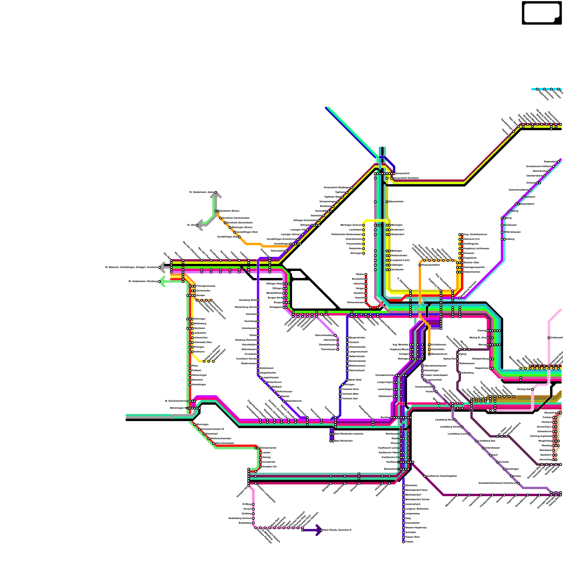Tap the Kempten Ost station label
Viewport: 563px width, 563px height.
[270, 467]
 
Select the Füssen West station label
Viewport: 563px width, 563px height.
[412, 537]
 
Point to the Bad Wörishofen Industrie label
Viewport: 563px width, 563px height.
[349, 434]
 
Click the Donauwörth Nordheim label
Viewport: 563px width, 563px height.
[406, 178]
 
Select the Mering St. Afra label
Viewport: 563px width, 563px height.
[478, 337]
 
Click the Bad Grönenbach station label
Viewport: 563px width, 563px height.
[224, 443]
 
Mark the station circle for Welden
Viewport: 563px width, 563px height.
[366, 274]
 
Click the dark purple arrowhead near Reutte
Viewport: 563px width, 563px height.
[319, 530]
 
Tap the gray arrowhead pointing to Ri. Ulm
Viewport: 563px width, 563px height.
[199, 225]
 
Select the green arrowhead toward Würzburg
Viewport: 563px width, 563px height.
[162, 281]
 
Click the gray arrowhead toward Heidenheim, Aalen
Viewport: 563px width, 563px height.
[216, 194]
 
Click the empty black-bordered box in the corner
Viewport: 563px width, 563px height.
[542, 13]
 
